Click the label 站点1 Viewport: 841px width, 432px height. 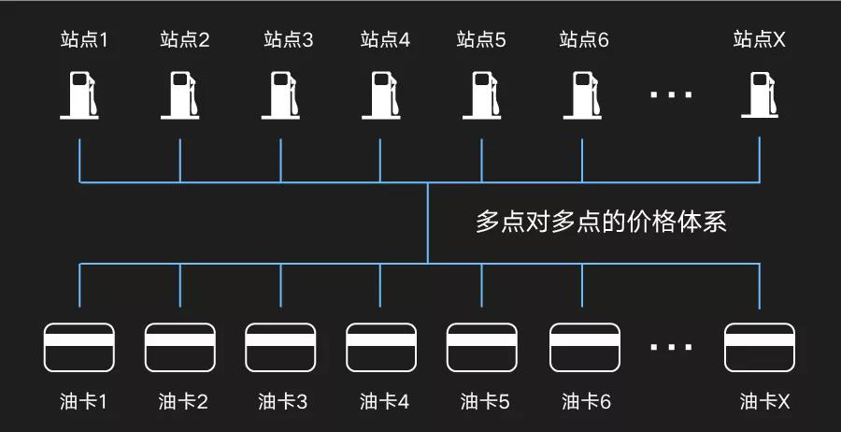[84, 39]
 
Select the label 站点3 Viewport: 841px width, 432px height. [289, 39]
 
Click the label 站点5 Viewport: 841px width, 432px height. [481, 39]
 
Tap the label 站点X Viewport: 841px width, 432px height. [760, 39]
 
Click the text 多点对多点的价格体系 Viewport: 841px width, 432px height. [601, 223]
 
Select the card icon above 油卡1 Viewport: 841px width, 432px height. [79, 347]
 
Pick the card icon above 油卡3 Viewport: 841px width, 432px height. [280, 347]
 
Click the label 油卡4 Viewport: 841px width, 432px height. [384, 402]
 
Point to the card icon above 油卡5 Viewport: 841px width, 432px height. [482, 347]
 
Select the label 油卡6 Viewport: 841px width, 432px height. [586, 402]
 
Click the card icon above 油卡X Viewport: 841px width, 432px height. [760, 347]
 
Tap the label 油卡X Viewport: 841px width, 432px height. [765, 402]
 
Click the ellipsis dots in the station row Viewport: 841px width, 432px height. [671, 94]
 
